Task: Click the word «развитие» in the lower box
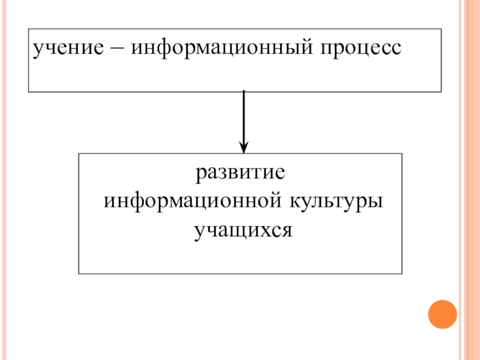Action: click(239, 175)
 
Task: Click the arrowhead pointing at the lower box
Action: click(244, 146)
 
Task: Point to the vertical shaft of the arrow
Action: click(244, 117)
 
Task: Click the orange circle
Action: click(442, 313)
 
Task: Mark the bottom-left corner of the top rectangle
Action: click(28, 92)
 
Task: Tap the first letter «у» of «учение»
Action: click(38, 49)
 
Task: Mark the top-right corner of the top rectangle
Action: click(442, 28)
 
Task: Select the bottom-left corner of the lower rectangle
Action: click(79, 274)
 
